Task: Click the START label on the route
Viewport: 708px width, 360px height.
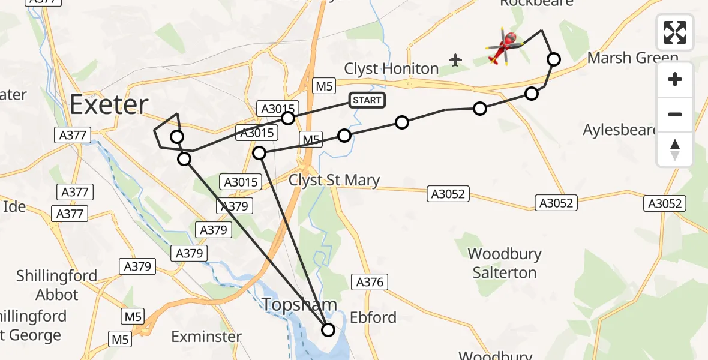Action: coord(367,100)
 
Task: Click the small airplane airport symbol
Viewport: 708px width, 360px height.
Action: coord(456,60)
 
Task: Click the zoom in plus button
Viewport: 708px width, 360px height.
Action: coord(675,79)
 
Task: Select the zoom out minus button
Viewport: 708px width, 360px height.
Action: coord(675,114)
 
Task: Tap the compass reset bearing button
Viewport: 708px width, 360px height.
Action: coord(675,149)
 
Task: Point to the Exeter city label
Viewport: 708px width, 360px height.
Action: coord(109,105)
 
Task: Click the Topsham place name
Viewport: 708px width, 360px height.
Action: coord(299,305)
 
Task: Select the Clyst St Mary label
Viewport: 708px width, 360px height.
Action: coord(334,180)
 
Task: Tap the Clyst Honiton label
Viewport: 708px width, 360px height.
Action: coord(391,68)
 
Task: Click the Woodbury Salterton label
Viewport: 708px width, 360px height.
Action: coord(505,263)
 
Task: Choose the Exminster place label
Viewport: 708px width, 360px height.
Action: coord(206,337)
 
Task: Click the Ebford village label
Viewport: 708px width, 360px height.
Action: coord(373,317)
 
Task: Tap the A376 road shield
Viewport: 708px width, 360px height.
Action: coord(371,281)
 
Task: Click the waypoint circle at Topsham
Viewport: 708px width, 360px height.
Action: coord(328,329)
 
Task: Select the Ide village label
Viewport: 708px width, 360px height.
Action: coord(14,206)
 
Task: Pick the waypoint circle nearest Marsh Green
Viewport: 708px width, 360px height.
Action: coord(554,59)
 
